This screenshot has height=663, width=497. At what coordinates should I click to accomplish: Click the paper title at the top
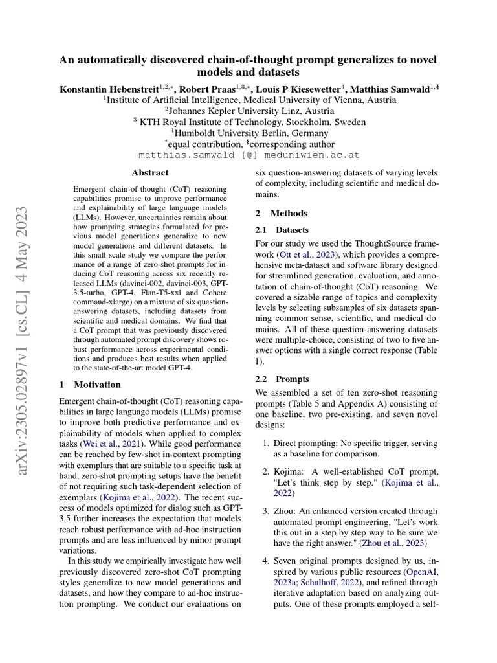coord(248,65)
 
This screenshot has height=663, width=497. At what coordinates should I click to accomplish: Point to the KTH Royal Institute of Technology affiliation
coord(248,122)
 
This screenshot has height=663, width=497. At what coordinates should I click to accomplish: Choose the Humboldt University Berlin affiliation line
coord(248,133)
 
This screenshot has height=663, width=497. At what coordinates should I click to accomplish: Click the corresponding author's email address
coord(248,156)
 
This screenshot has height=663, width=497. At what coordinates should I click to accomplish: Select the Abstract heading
coord(150,173)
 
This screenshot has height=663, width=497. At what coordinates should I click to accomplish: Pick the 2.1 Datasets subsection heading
coord(282,230)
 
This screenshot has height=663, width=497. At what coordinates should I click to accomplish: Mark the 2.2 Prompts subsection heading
coord(282,379)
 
